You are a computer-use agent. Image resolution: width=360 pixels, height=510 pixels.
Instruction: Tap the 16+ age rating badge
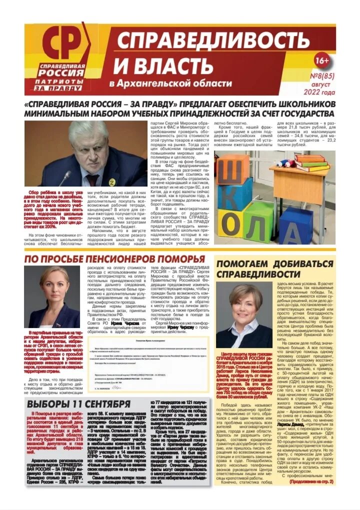click(x=321, y=60)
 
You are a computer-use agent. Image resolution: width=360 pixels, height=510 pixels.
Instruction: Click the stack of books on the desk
click(x=310, y=162)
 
